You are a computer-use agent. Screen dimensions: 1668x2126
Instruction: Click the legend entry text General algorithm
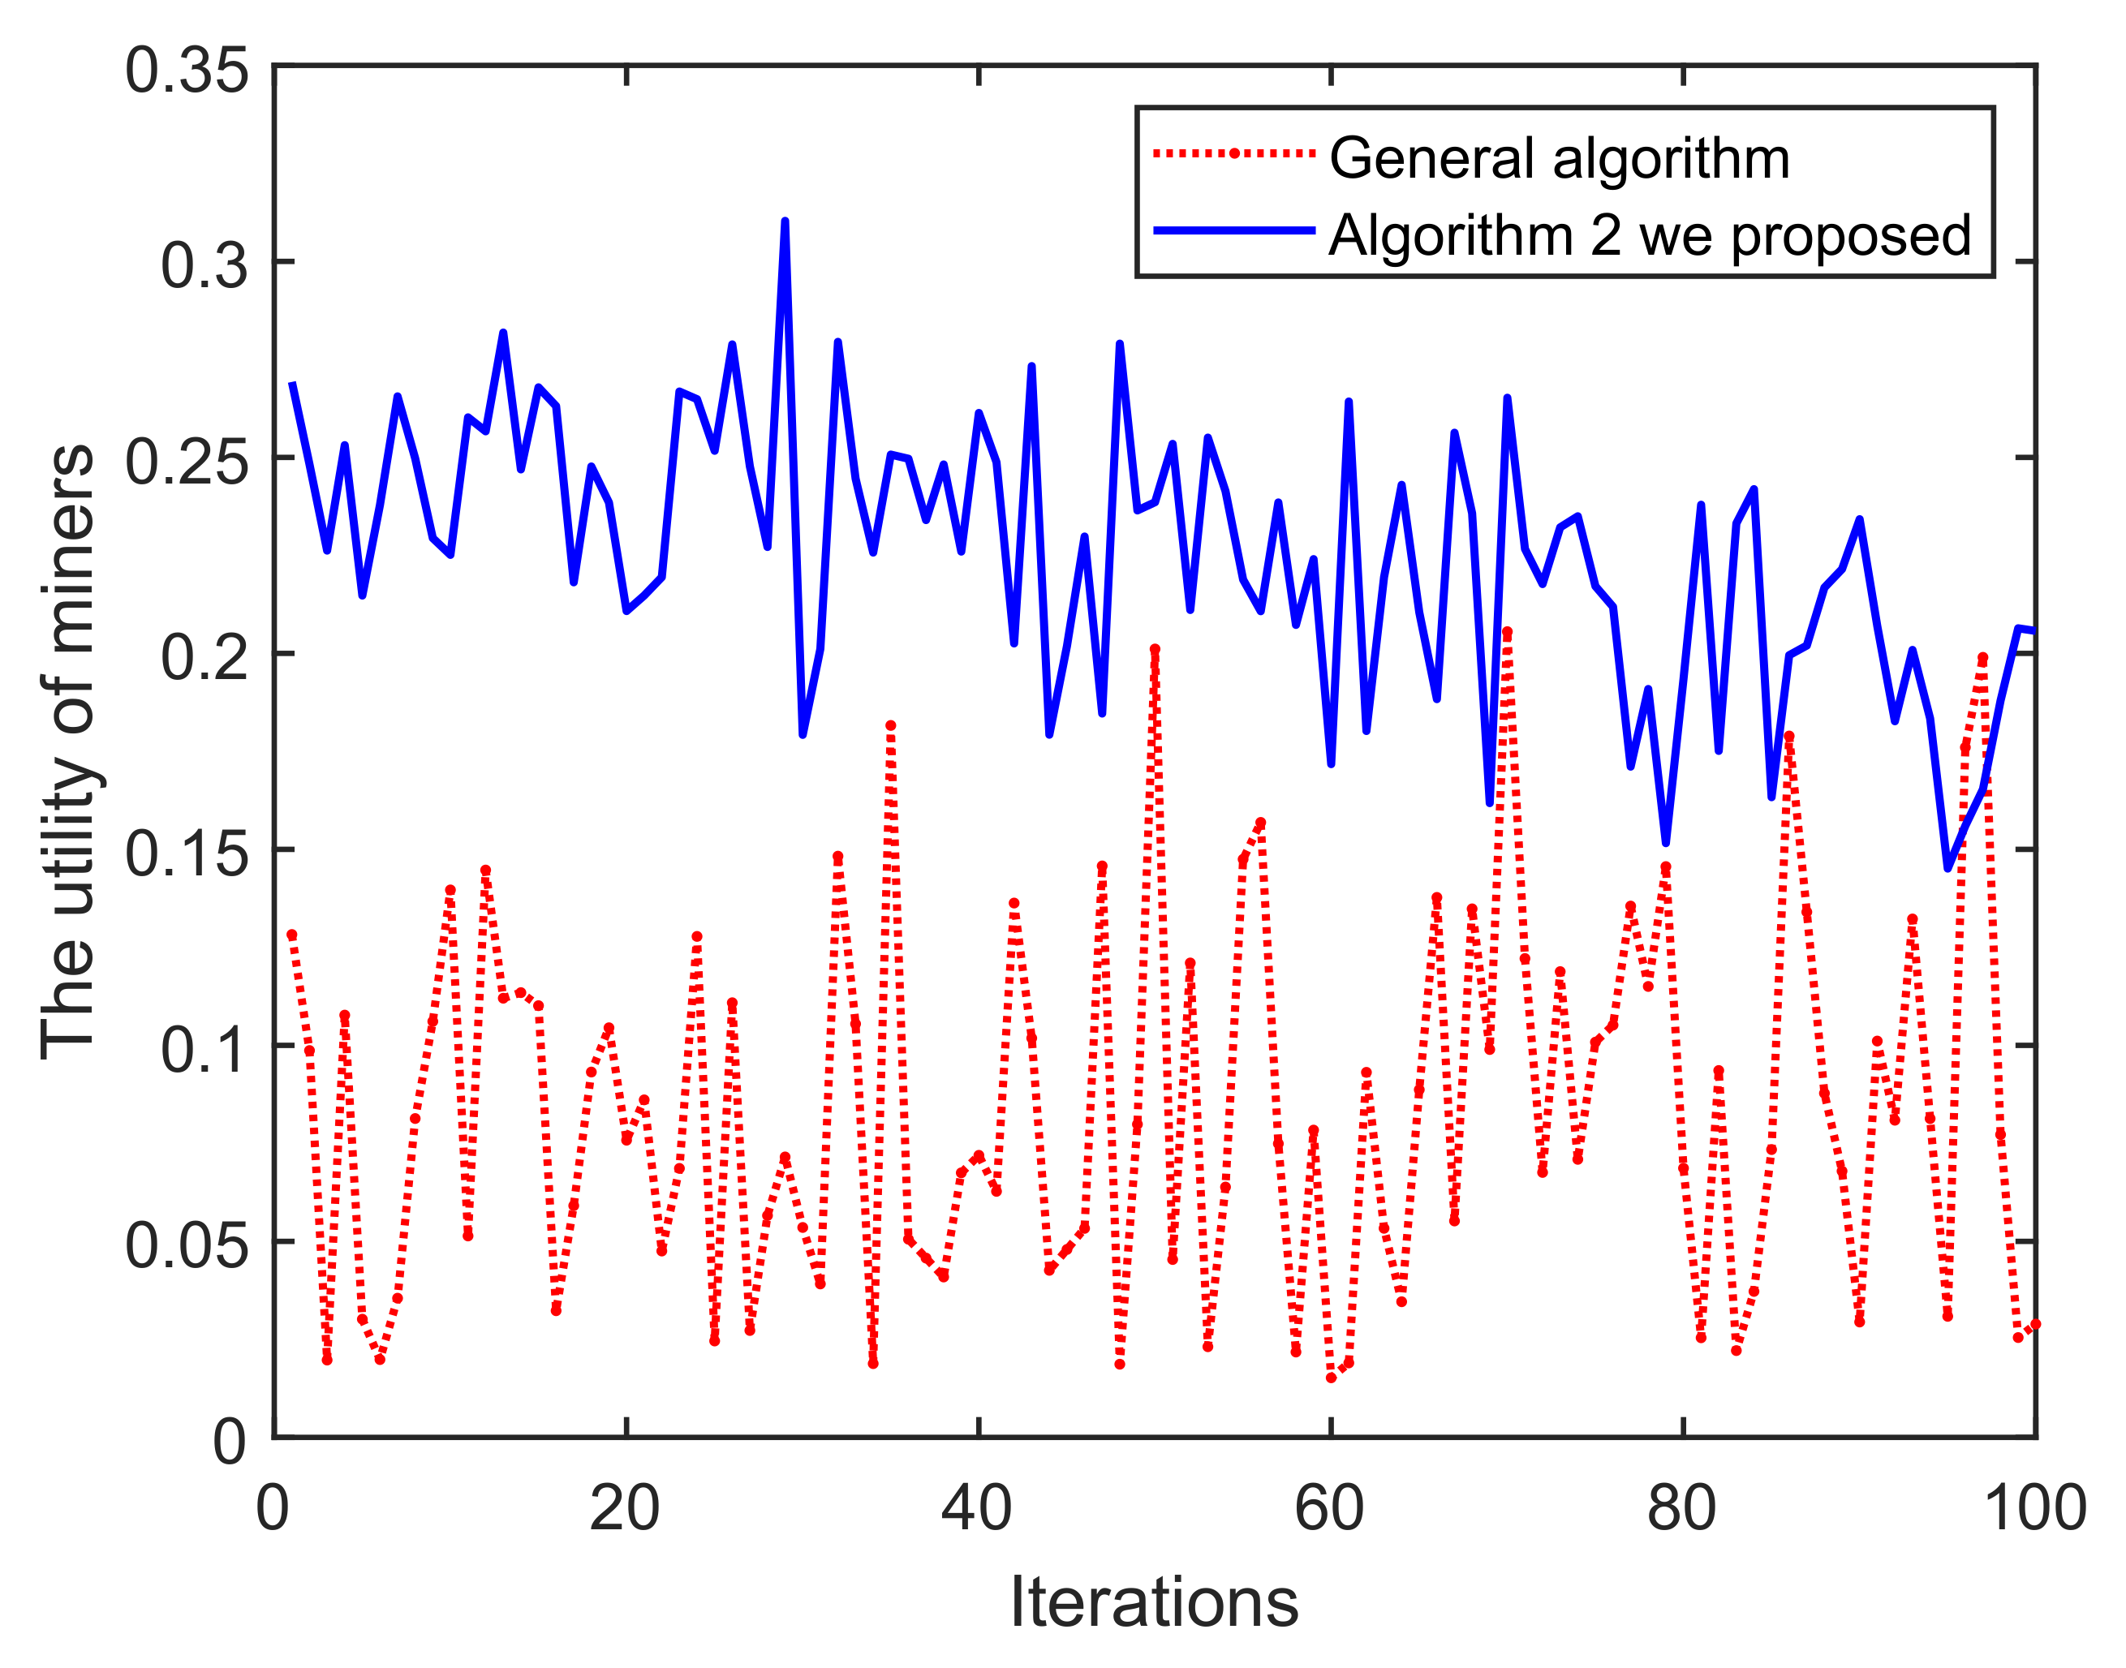1559,158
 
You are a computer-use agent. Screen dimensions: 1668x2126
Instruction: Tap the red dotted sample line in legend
1234,153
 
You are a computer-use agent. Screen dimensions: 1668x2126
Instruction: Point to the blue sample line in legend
1234,230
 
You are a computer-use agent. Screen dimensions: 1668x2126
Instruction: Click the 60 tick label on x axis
1329,1508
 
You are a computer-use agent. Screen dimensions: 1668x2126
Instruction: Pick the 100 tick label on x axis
2035,1508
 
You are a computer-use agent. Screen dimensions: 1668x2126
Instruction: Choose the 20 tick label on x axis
624,1508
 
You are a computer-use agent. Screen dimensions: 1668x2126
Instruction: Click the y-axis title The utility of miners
67,752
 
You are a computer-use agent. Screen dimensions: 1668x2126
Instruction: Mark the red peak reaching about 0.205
1507,633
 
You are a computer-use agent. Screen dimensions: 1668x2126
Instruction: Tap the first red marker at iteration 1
291,935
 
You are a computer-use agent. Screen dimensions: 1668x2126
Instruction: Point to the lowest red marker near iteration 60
1330,1378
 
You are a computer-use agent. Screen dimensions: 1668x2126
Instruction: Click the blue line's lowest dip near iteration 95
1947,867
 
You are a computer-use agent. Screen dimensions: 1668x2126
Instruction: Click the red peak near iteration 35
889,725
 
